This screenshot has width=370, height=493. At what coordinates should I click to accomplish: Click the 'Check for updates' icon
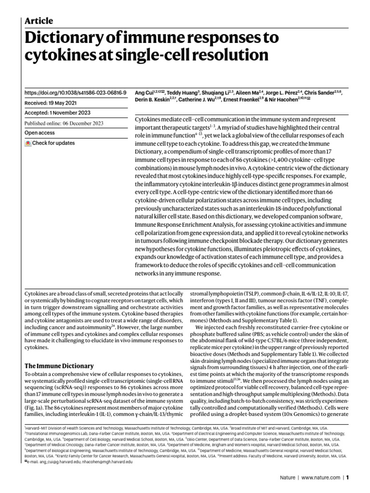tap(28, 143)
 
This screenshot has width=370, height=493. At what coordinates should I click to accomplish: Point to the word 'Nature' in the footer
tap(288, 478)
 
